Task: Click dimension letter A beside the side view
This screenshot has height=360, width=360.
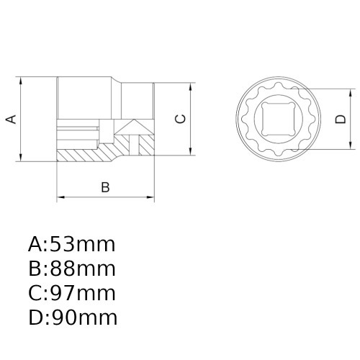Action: coord(11,120)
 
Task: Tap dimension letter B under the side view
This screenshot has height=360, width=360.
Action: coord(105,187)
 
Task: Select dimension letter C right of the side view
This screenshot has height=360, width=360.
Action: coord(181,119)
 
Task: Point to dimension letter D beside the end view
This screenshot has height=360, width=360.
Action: coord(341,120)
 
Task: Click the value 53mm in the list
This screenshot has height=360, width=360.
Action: coord(83,244)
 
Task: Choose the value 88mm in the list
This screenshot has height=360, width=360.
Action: coord(83,269)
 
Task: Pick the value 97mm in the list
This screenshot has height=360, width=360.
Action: coord(83,293)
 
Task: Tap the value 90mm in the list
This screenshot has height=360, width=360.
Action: coord(84,318)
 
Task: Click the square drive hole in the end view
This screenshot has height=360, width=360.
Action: coord(278,119)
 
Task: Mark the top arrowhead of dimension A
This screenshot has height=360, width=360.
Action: coord(21,81)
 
